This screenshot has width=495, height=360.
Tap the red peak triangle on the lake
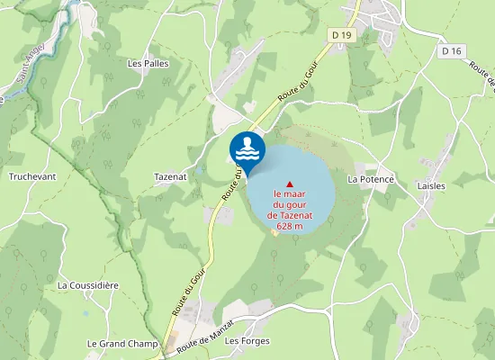point(289,184)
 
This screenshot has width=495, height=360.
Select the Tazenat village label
point(170,176)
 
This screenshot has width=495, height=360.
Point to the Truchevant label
point(33,176)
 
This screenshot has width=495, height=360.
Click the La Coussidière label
point(88,284)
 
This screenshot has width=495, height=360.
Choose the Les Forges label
point(242,341)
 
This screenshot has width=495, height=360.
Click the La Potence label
point(371,179)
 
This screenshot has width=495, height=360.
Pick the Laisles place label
point(431,185)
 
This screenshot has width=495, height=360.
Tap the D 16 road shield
point(452,52)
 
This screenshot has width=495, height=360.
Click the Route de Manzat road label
point(206,335)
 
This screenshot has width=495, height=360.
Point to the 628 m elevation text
point(289,226)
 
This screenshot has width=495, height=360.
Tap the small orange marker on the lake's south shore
point(274,234)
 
